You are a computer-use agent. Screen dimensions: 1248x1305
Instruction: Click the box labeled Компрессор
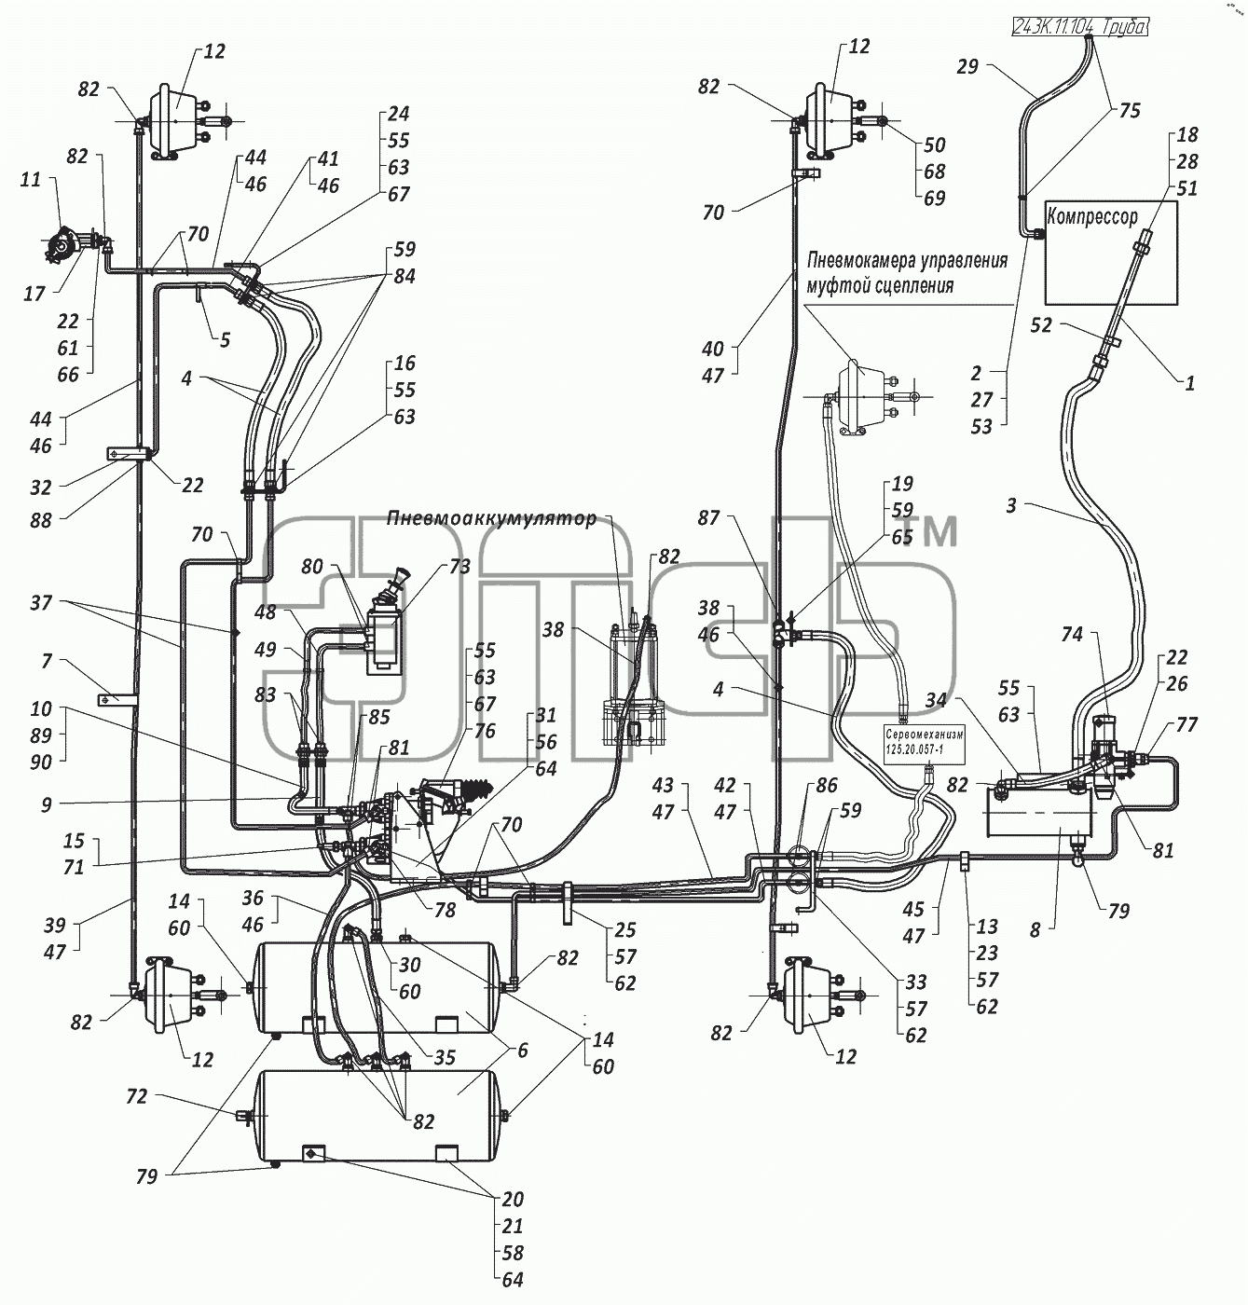[1110, 253]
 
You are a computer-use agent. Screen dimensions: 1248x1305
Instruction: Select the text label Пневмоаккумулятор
[491, 518]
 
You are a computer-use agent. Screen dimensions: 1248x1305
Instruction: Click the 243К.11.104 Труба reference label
[1079, 26]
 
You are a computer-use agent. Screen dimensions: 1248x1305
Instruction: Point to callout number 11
[31, 180]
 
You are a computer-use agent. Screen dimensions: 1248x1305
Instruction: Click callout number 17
[34, 294]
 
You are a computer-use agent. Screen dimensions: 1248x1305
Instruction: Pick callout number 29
[967, 66]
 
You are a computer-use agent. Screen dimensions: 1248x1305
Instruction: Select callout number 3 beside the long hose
[1011, 505]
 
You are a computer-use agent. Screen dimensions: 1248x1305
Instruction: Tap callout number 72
[137, 1096]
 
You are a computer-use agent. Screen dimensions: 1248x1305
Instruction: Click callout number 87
[708, 517]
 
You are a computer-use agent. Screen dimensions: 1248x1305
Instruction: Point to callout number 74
[1072, 634]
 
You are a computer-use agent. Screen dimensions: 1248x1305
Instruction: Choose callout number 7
[47, 661]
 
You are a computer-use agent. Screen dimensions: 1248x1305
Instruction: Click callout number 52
[1041, 325]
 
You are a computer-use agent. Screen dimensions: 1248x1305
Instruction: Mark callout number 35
[445, 1057]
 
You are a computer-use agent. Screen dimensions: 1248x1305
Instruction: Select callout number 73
[459, 567]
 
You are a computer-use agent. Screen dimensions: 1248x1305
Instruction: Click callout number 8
[1035, 930]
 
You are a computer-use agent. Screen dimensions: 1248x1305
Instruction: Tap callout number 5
[225, 340]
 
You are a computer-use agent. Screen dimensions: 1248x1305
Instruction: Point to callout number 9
[46, 804]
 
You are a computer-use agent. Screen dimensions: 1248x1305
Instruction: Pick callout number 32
[41, 488]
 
